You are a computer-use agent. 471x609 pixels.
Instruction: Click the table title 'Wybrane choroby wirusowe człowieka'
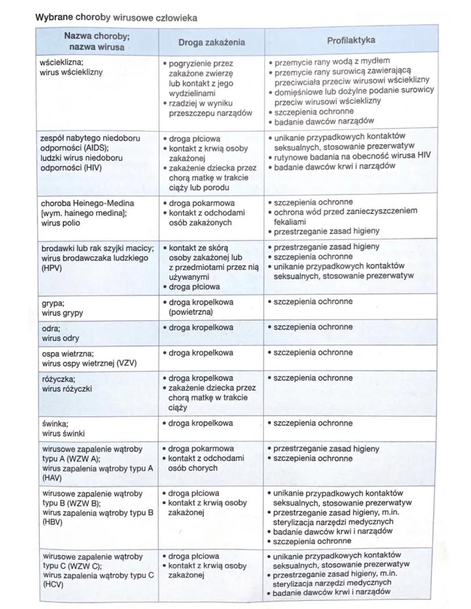tap(116, 18)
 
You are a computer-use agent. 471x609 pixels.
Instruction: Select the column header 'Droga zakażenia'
tap(211, 42)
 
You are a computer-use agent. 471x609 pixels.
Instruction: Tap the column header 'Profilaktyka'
tap(351, 40)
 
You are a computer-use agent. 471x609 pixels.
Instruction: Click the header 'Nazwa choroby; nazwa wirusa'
tap(96, 41)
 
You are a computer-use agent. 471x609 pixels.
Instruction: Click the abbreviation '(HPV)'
tap(51, 268)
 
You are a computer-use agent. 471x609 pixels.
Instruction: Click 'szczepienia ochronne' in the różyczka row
tap(313, 378)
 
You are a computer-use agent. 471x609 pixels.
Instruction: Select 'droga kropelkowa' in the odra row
tap(200, 328)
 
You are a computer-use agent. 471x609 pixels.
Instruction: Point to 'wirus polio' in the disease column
tap(60, 223)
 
